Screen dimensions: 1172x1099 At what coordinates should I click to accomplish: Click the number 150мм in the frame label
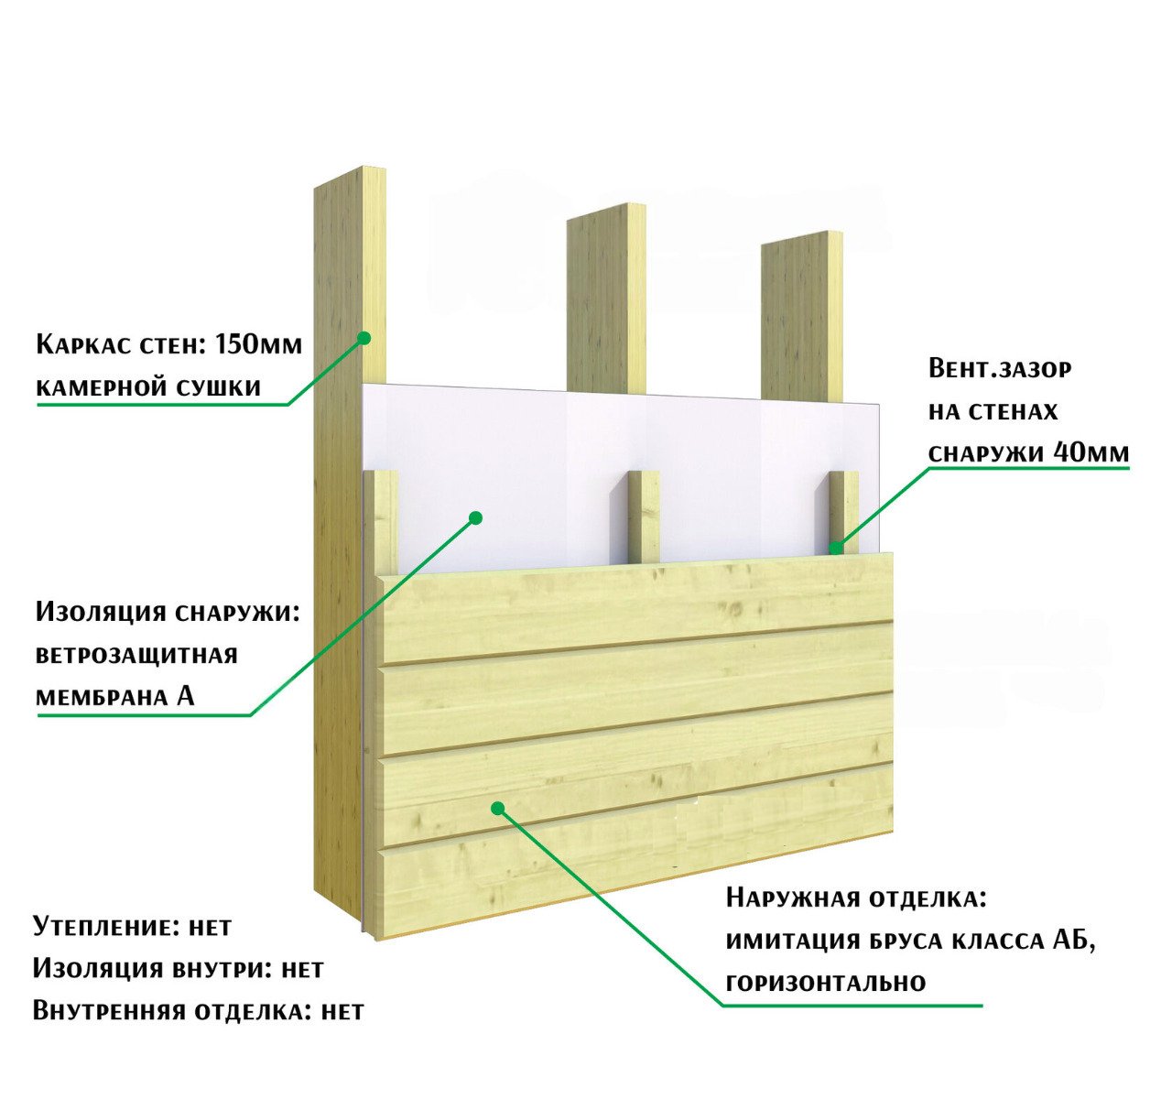pos(259,344)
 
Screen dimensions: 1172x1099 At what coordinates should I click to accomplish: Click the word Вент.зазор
pos(1000,369)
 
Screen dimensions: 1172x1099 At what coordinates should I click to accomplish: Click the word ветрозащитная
pos(137,656)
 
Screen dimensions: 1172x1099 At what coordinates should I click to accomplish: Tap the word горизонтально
pos(826,983)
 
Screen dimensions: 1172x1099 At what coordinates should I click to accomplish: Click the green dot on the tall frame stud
pos(364,338)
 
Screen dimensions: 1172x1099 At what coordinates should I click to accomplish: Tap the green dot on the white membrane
pos(475,518)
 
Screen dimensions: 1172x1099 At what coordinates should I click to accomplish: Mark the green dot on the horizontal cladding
pos(498,807)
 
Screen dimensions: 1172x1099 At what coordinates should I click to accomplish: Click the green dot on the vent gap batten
pos(836,548)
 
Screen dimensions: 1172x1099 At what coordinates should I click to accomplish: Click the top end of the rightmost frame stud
pos(802,237)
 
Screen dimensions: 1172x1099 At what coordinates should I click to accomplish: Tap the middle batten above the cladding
pos(644,517)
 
